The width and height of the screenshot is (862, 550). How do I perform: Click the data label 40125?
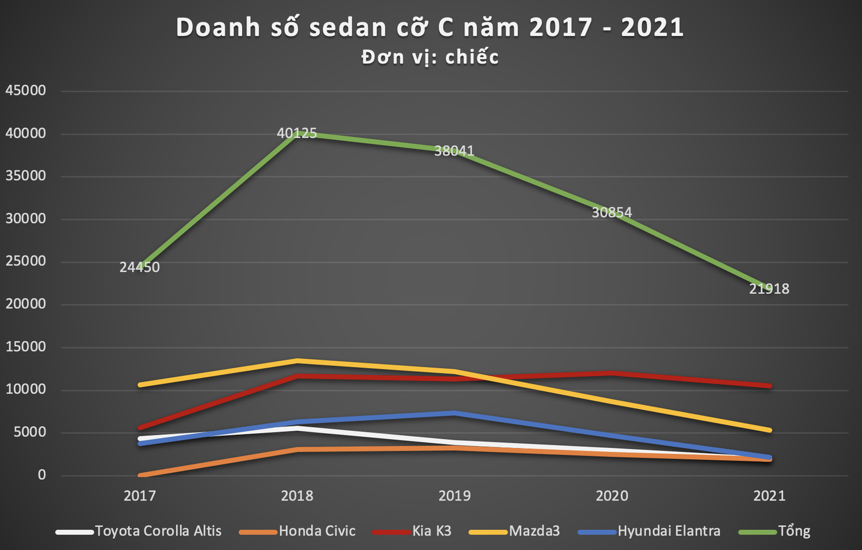(297, 133)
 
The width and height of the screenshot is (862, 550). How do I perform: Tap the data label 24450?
(139, 267)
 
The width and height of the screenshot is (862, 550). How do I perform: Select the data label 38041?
(454, 150)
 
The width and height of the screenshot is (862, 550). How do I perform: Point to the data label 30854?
(612, 212)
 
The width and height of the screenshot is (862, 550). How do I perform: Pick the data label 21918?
(769, 289)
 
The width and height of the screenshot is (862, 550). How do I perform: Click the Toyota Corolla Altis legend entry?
(139, 531)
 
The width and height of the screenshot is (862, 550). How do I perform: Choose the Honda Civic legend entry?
(297, 531)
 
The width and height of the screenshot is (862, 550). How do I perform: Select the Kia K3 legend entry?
(412, 531)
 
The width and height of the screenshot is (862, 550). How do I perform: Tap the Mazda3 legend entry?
(514, 531)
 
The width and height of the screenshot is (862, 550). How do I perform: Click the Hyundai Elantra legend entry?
(649, 531)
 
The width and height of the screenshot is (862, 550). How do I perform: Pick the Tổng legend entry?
(775, 531)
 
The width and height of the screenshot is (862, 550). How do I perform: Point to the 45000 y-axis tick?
(25, 90)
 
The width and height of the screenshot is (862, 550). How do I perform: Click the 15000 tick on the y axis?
(25, 347)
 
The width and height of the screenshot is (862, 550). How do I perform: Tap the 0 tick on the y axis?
(41, 475)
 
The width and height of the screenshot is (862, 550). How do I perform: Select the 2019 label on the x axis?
(454, 496)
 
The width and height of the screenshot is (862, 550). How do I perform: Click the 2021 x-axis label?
(769, 496)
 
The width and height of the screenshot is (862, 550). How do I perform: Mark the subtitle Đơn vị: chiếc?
(430, 57)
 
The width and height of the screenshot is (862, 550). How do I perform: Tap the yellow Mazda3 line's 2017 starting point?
(140, 385)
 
